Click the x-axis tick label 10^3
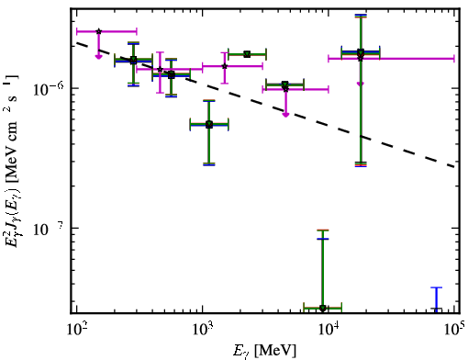[x=202, y=330]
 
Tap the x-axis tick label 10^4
[x=329, y=330]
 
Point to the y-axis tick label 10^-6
[x=49, y=88]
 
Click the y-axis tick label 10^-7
[x=49, y=229]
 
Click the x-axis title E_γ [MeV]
[x=264, y=351]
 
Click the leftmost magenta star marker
[x=98, y=31]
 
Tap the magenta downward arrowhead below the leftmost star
[x=98, y=56]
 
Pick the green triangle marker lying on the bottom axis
[x=322, y=308]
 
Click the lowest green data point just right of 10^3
[x=209, y=125]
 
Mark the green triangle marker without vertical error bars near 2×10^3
[x=247, y=54]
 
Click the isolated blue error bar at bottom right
[x=437, y=299]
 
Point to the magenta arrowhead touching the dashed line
[x=285, y=115]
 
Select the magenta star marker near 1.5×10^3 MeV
[x=225, y=66]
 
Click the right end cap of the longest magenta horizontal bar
[x=454, y=59]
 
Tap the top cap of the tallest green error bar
[x=361, y=17]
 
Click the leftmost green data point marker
[x=133, y=60]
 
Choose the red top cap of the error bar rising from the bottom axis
[x=322, y=230]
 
